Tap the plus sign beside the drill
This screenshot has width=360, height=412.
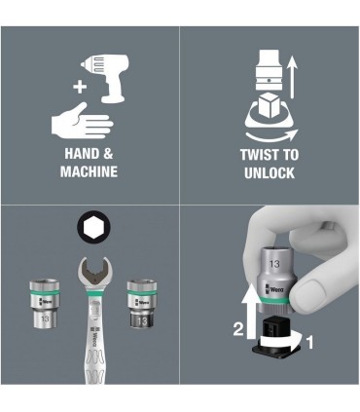(80, 87)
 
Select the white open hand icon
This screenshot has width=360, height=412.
(82, 121)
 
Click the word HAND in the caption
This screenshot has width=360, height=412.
(80, 154)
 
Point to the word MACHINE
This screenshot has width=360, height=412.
(89, 171)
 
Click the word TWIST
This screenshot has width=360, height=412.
(260, 155)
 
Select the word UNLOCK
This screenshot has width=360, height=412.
(270, 172)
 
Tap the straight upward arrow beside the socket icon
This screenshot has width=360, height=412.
(293, 77)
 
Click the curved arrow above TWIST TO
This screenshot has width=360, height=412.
(271, 136)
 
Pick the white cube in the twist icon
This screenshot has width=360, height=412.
(270, 105)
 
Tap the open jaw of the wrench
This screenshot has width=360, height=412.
(95, 271)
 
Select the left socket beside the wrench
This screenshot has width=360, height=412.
(45, 303)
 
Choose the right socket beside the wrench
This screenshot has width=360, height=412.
(142, 304)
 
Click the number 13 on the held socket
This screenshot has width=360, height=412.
(274, 264)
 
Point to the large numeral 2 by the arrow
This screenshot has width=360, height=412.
(238, 329)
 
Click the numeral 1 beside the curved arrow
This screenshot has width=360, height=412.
(310, 342)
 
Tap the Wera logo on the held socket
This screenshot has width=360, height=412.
(274, 289)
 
